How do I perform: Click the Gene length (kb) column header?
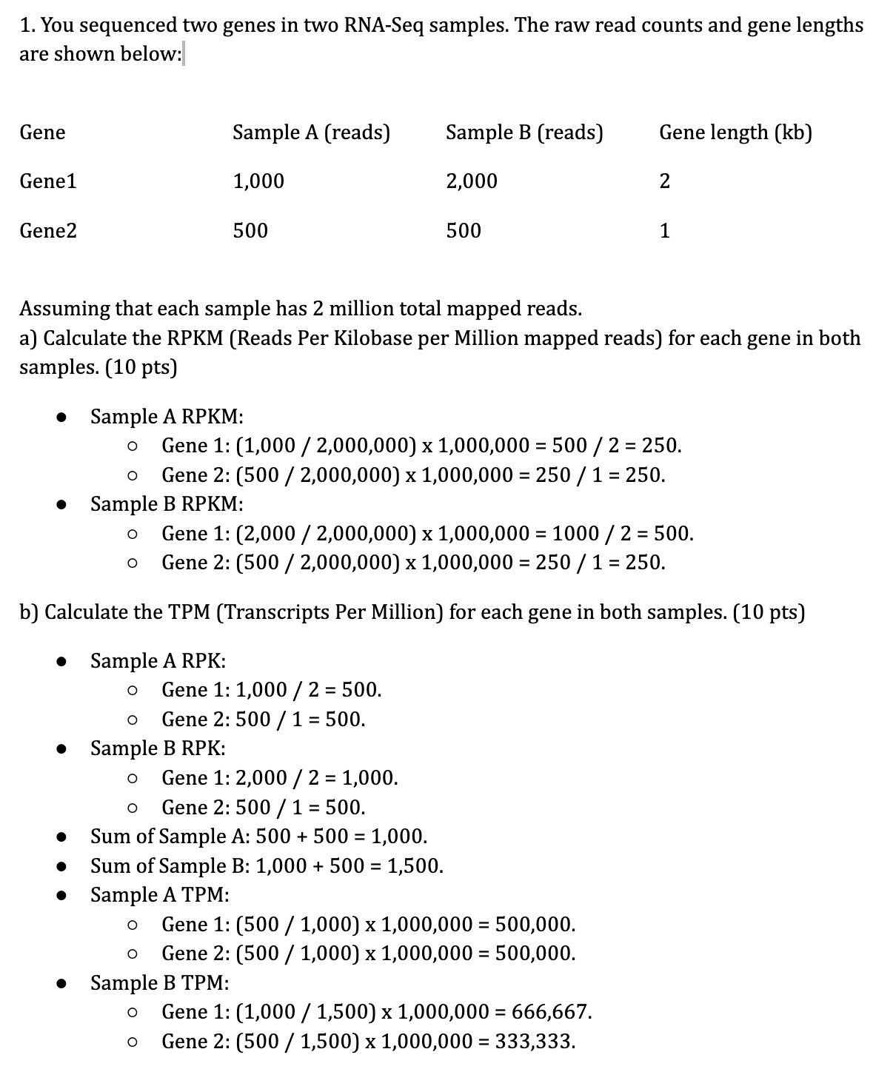(x=735, y=133)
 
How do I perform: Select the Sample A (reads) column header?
(x=311, y=133)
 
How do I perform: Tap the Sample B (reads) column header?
(x=524, y=133)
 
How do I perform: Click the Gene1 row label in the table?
(x=48, y=181)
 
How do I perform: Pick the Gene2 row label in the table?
(x=48, y=231)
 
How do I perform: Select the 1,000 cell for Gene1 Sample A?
(x=258, y=181)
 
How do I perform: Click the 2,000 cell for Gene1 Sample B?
(x=472, y=181)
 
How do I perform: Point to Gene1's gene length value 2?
(x=664, y=181)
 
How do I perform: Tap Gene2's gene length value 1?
(x=664, y=231)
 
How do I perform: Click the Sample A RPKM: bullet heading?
(x=167, y=417)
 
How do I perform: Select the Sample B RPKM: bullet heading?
(x=167, y=504)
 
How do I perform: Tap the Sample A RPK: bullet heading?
(x=158, y=660)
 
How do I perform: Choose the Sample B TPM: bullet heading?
(x=160, y=983)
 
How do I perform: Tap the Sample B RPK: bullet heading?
(x=158, y=748)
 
